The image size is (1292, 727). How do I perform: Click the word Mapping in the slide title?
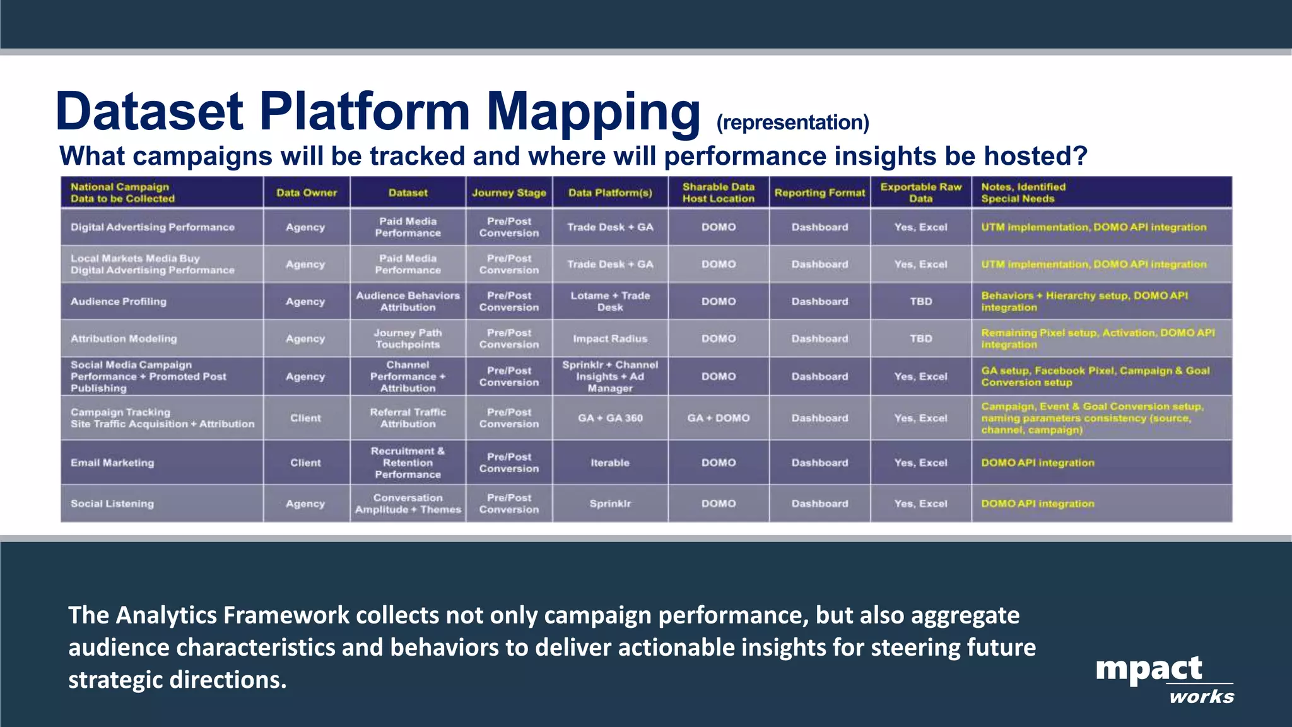tap(593, 112)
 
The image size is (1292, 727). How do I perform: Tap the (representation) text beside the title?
tap(792, 122)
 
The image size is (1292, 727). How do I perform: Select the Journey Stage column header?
tap(509, 192)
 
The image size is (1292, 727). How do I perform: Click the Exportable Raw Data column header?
tap(920, 192)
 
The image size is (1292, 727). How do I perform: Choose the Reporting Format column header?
tap(819, 192)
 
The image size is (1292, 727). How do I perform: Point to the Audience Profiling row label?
tap(119, 301)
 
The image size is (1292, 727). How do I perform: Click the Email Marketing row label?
tap(112, 463)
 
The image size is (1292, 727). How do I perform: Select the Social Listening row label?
tap(112, 504)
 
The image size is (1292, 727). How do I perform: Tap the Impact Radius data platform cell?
tap(610, 339)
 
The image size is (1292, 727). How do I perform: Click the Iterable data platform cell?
tap(610, 463)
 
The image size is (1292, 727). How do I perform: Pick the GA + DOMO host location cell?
tap(719, 418)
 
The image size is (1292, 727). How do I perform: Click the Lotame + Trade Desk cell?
tap(610, 301)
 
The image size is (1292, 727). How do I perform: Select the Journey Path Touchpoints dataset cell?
tap(408, 339)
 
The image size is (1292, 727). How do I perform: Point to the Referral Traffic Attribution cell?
tap(408, 418)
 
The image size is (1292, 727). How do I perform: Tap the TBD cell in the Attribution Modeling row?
tap(920, 339)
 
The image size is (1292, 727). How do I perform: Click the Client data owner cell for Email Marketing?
tap(305, 463)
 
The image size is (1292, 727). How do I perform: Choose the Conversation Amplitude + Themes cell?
tap(408, 504)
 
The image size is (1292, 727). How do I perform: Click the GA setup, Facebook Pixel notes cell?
tap(1095, 376)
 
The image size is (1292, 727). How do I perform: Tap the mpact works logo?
tap(1164, 678)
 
